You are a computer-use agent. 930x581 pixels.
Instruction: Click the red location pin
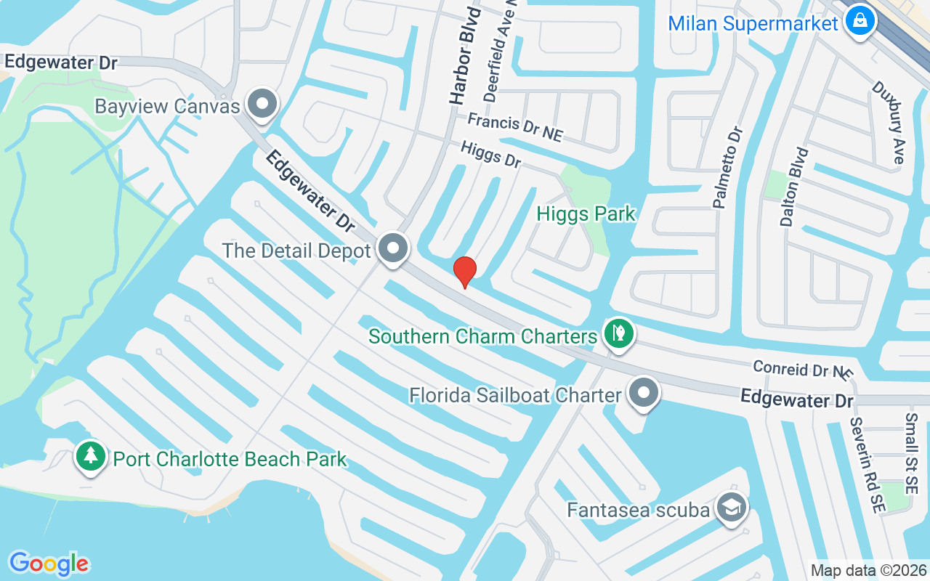pyautogui.click(x=464, y=272)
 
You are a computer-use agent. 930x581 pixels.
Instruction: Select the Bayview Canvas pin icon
pyautogui.click(x=262, y=105)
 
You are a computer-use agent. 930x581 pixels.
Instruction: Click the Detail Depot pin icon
pyautogui.click(x=394, y=249)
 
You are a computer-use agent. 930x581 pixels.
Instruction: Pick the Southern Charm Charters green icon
pyautogui.click(x=618, y=335)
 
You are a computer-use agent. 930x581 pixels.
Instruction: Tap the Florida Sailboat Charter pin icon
pyautogui.click(x=643, y=394)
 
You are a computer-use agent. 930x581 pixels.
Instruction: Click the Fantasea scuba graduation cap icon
pyautogui.click(x=731, y=508)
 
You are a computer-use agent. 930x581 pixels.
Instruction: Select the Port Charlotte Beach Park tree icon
pyautogui.click(x=90, y=458)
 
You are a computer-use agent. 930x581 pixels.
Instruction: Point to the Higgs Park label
pyautogui.click(x=586, y=214)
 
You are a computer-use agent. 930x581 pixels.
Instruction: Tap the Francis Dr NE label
pyautogui.click(x=514, y=126)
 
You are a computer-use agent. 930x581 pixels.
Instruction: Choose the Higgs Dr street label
pyautogui.click(x=491, y=154)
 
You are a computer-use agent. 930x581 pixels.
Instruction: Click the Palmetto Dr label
pyautogui.click(x=728, y=168)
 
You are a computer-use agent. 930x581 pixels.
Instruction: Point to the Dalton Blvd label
pyautogui.click(x=794, y=187)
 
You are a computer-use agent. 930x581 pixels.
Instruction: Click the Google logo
pyautogui.click(x=49, y=563)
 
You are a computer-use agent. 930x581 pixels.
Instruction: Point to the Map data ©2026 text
pyautogui.click(x=868, y=570)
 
